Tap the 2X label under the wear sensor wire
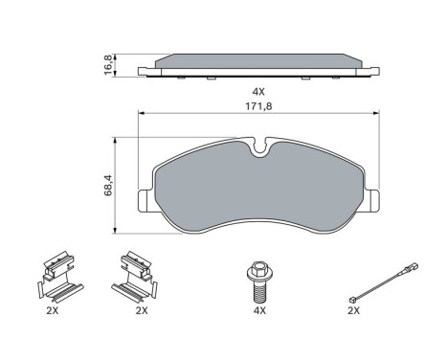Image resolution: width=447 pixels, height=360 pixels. coord(355,310)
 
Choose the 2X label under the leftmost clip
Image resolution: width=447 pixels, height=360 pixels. coord(53,310)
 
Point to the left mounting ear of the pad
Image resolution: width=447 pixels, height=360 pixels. coord(143,198)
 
